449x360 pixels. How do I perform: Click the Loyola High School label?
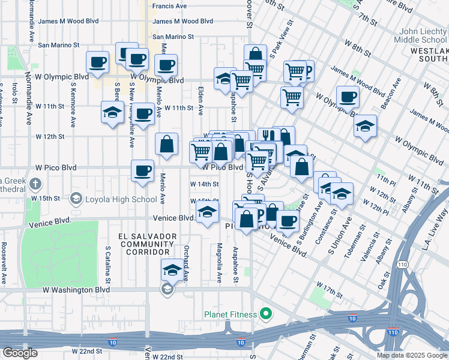120,199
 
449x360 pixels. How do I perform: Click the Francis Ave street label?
169,6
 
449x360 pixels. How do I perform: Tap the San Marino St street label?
59,45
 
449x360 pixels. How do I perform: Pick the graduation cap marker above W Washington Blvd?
172,270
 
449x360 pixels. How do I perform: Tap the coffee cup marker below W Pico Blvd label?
142,171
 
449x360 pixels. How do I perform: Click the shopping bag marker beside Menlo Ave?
167,145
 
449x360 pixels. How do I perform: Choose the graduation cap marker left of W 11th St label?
112,113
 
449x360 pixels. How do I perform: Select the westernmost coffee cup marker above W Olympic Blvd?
97,61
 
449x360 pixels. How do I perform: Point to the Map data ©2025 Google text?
411,355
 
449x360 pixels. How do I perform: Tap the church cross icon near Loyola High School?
36,184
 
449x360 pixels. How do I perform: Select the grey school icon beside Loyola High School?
76,198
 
